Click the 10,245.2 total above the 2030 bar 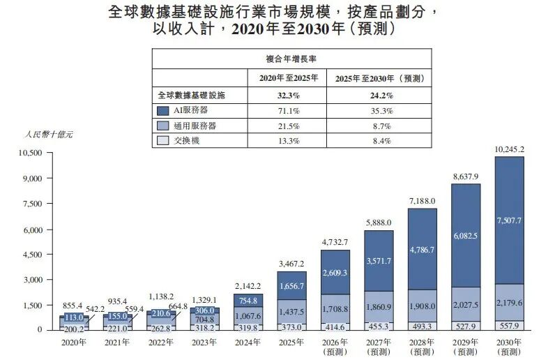coord(508,149)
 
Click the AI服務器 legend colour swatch coord(163,110)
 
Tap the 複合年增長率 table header coord(291,59)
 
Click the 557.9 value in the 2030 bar coord(508,325)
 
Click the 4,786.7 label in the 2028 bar coord(423,248)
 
